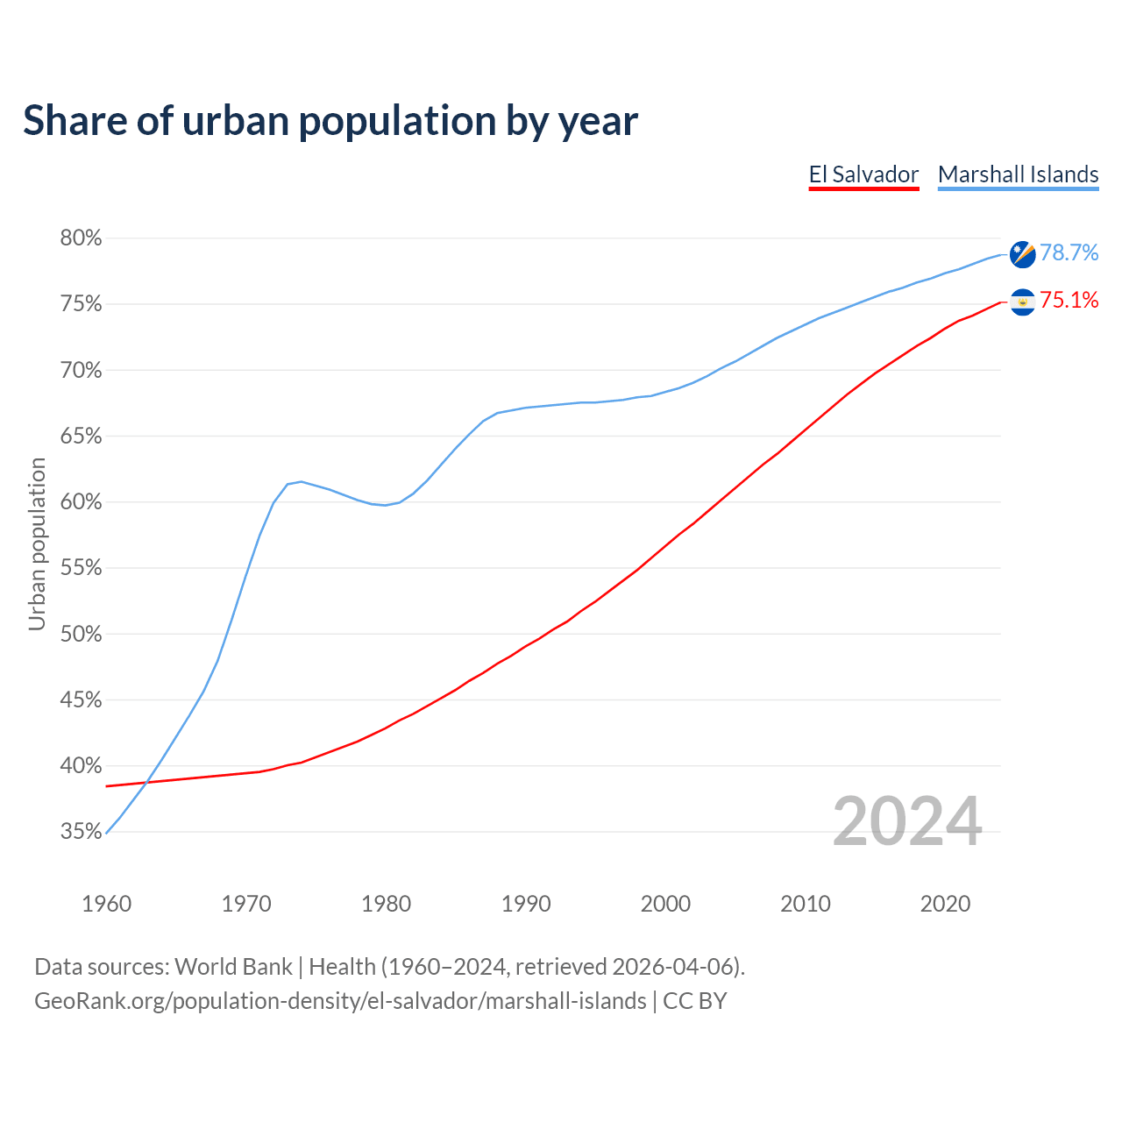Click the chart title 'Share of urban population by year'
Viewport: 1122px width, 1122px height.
pyautogui.click(x=330, y=121)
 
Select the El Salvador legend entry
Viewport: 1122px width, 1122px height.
pyautogui.click(x=863, y=174)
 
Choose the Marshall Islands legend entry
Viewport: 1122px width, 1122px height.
pyautogui.click(x=1018, y=174)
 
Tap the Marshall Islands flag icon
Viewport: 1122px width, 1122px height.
pyautogui.click(x=1022, y=254)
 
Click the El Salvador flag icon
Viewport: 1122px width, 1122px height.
pyautogui.click(x=1022, y=302)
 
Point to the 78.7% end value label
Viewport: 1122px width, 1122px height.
pyautogui.click(x=1069, y=253)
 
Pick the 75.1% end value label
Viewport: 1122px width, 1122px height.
pyautogui.click(x=1069, y=301)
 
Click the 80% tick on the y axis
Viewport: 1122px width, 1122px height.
pyautogui.click(x=81, y=238)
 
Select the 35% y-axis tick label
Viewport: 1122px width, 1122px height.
pyautogui.click(x=81, y=832)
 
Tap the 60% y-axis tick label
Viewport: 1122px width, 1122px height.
pyautogui.click(x=81, y=502)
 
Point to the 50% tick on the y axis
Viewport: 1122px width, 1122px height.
pyautogui.click(x=81, y=634)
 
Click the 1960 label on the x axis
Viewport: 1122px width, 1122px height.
pyautogui.click(x=106, y=904)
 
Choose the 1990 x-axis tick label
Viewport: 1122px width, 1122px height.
pyautogui.click(x=526, y=904)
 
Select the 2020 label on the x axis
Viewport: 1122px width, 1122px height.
pyautogui.click(x=945, y=904)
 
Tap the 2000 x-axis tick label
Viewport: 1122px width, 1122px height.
pyautogui.click(x=665, y=904)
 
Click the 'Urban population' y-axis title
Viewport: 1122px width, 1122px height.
pyautogui.click(x=37, y=543)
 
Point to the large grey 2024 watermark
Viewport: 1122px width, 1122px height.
pyautogui.click(x=906, y=821)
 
